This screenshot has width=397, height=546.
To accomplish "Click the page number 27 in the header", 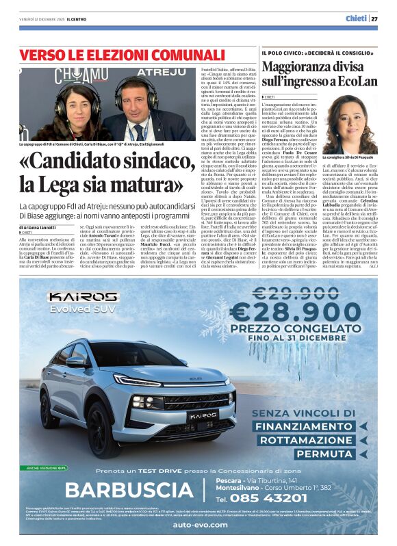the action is [x=374, y=18].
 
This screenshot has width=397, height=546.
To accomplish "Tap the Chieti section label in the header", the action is [x=355, y=18].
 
